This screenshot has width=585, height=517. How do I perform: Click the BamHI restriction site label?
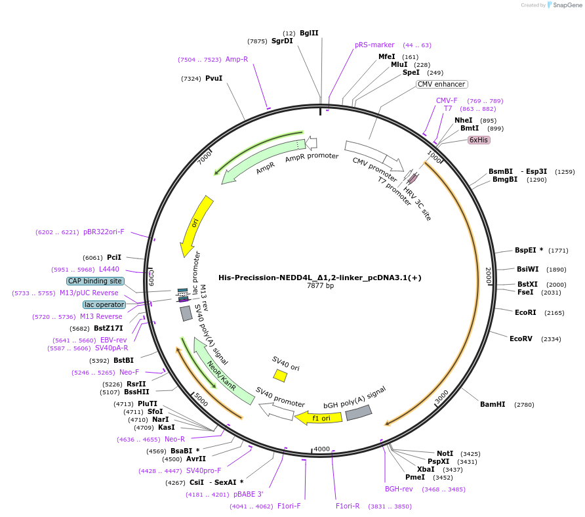pos(493,404)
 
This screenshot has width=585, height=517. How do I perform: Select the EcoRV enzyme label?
pos(522,339)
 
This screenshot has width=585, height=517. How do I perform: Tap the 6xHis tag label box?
pos(479,140)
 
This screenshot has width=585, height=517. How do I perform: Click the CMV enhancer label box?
pos(442,84)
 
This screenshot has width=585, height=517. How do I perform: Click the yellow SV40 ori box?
pos(280,375)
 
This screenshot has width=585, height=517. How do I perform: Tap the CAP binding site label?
pos(95,281)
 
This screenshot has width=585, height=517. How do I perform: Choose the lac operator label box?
pos(104,304)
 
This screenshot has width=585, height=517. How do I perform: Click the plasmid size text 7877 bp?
pos(320,286)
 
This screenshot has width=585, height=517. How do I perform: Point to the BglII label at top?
pos(309,33)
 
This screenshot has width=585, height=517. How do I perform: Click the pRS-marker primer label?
pos(374,45)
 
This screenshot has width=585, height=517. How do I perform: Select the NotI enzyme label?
pos(445,453)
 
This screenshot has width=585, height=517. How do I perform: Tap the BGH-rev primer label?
pos(399,489)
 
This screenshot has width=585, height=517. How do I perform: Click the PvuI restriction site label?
pos(214,78)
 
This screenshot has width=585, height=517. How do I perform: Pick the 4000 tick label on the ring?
pos(321,449)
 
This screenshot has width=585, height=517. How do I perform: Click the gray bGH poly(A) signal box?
pos(358,412)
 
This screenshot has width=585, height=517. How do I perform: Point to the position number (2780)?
pos(525,405)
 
